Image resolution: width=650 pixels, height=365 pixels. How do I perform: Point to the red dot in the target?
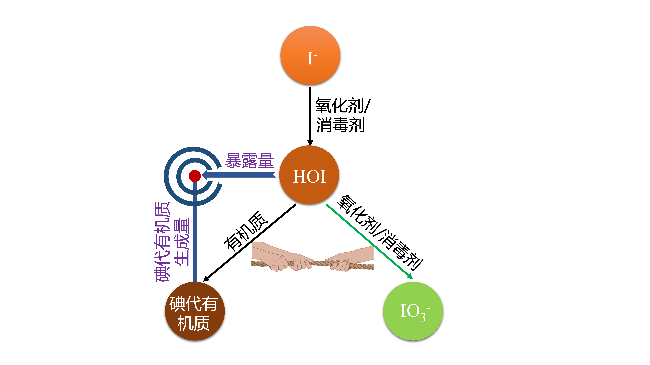click(x=195, y=176)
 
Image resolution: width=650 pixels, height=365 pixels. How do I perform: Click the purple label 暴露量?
click(x=249, y=161)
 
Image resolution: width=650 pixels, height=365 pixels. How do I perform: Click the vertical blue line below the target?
click(x=195, y=239)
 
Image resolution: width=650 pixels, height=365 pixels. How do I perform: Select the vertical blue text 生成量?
click(x=182, y=242)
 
